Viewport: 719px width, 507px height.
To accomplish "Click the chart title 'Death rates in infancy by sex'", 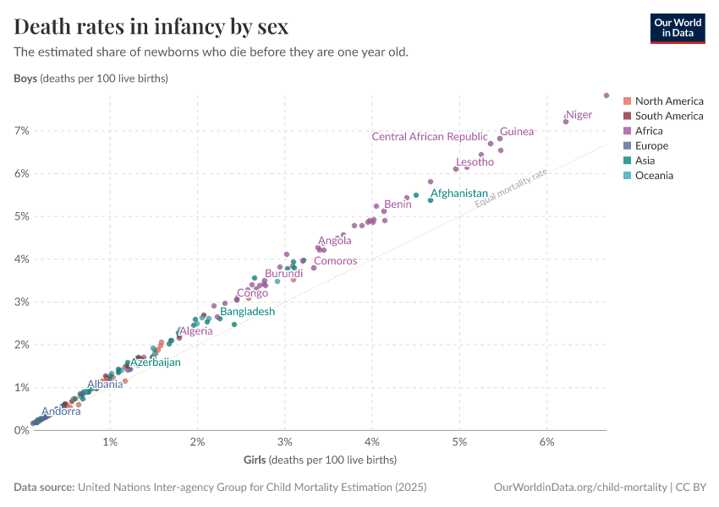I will click(151, 26).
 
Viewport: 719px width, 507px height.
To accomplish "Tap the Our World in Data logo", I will click(677, 28).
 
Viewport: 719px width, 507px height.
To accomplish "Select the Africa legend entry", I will click(649, 131).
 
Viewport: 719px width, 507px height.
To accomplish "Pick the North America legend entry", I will click(668, 101).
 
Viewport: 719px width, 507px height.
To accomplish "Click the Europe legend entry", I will click(651, 146).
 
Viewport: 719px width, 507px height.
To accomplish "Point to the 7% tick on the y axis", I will click(20, 131).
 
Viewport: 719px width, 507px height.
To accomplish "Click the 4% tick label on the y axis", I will click(20, 259).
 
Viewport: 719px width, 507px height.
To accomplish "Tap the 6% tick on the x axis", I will click(546, 443).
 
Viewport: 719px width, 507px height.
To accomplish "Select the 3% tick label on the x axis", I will click(285, 443).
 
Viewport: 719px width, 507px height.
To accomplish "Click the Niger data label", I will click(579, 115).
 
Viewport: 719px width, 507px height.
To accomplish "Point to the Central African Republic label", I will click(430, 137).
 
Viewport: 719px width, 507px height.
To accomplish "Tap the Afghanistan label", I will click(459, 194).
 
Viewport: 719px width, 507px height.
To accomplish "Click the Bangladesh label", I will click(248, 312).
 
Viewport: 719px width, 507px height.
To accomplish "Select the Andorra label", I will click(61, 412).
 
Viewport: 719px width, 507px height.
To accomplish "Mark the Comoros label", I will click(336, 261).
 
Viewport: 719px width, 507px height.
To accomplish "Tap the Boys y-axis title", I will click(91, 79).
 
